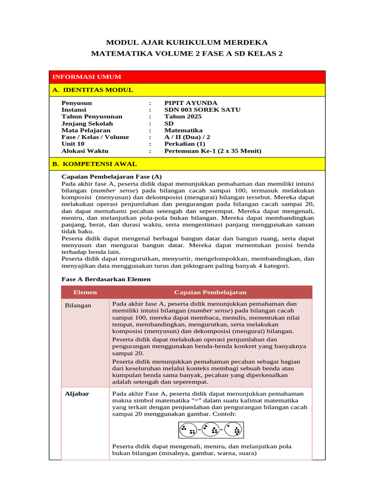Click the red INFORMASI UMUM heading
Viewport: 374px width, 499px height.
pyautogui.click(x=87, y=77)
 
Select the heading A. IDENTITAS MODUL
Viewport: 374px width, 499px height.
pyautogui.click(x=93, y=90)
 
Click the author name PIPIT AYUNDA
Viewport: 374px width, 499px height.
pyautogui.click(x=190, y=103)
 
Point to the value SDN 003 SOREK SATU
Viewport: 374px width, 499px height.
pyautogui.click(x=202, y=110)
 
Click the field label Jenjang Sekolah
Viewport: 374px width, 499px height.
pyautogui.click(x=87, y=123)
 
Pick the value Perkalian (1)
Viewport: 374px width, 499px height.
pyautogui.click(x=185, y=144)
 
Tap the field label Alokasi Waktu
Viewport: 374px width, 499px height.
pyautogui.click(x=85, y=151)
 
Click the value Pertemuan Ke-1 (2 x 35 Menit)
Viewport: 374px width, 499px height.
pyautogui.click(x=212, y=151)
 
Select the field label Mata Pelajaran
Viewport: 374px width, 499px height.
pyautogui.click(x=86, y=130)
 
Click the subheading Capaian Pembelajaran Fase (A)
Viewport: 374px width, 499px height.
pyautogui.click(x=112, y=176)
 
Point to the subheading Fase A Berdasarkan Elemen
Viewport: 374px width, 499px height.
pyautogui.click(x=106, y=279)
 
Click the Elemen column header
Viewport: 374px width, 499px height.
pyautogui.click(x=85, y=292)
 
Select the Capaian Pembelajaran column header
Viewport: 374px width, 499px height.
pyautogui.click(x=210, y=292)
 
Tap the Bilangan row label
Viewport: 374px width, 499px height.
pyautogui.click(x=78, y=305)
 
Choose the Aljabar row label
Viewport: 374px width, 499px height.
pyautogui.click(x=77, y=394)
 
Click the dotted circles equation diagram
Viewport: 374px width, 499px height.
pyautogui.click(x=210, y=430)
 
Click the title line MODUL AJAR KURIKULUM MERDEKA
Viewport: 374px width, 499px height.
pyautogui.click(x=187, y=43)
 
